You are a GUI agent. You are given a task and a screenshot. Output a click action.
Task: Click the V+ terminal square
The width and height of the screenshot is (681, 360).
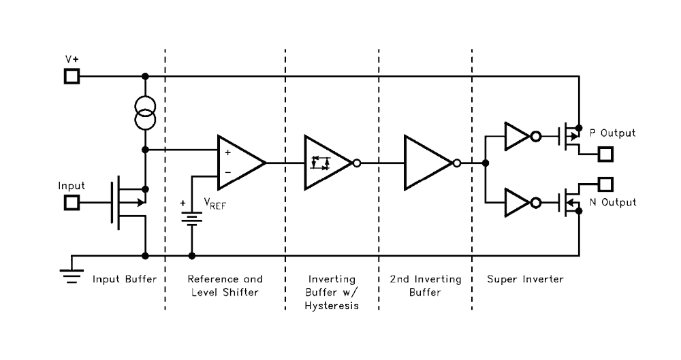(x=72, y=76)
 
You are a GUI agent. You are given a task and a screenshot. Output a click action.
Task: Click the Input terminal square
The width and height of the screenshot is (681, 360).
(x=72, y=202)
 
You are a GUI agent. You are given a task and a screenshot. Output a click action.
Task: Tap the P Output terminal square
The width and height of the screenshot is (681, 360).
(x=605, y=154)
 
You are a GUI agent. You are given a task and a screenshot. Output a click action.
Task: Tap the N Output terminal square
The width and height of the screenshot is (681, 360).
(x=605, y=184)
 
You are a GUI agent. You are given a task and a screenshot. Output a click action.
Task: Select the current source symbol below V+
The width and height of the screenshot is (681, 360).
(x=145, y=112)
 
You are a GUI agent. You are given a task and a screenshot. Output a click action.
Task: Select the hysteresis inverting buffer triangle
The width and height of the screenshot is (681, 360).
(x=327, y=163)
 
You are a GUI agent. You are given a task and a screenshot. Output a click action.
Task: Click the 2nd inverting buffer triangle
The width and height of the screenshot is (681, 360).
(x=426, y=163)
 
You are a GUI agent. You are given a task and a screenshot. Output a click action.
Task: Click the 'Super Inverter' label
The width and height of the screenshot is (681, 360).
(x=525, y=280)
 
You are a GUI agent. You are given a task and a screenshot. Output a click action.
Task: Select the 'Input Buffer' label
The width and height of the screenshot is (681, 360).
(x=125, y=280)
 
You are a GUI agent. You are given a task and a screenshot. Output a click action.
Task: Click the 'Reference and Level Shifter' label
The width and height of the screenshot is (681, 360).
(x=225, y=286)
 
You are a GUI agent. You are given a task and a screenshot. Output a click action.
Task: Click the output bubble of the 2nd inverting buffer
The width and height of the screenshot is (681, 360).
(x=456, y=163)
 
